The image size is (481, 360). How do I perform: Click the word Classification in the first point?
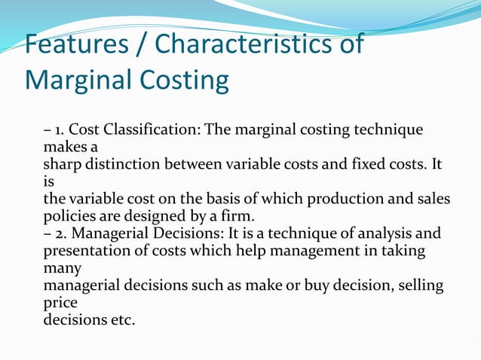click(155, 130)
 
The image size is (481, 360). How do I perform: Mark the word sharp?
click(60, 165)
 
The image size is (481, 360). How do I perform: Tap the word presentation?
click(84, 252)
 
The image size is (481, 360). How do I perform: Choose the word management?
click(322, 252)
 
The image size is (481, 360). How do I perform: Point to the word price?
click(59, 304)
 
